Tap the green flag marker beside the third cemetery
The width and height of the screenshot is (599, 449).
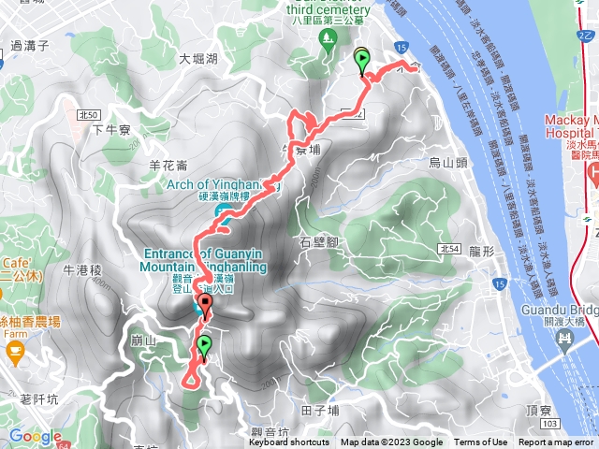click(362, 61)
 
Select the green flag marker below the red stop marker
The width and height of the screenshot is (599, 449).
click(203, 347)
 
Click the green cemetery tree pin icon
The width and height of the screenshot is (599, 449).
click(328, 38)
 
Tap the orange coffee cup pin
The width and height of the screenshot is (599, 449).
click(14, 350)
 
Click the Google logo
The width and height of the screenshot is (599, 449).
click(36, 436)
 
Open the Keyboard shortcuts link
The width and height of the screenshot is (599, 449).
click(288, 442)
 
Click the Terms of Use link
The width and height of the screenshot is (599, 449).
click(481, 442)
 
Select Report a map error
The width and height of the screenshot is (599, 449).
click(556, 442)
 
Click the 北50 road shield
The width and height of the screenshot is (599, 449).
click(90, 114)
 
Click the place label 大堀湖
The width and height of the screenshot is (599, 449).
click(198, 59)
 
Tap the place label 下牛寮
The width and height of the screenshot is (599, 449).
click(110, 131)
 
